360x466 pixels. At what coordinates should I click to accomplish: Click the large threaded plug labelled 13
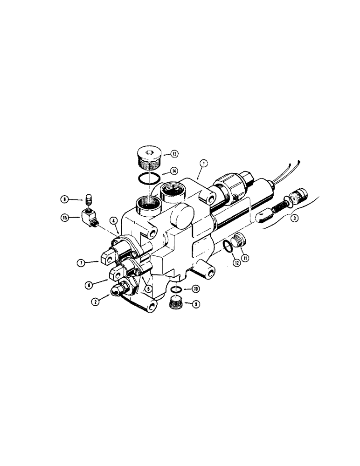click(x=149, y=158)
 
